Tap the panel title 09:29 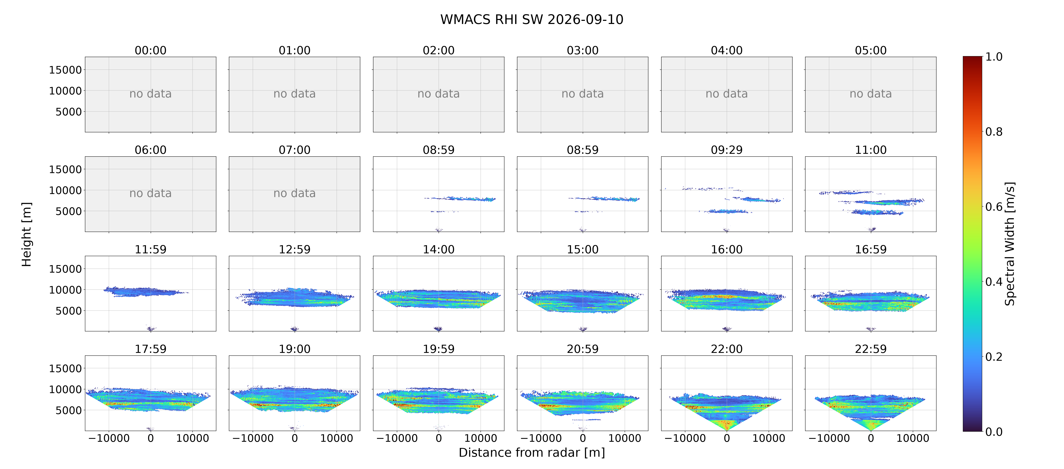(726, 150)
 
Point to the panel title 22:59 (871, 349)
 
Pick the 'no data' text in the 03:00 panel (582, 94)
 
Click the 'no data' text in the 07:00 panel (295, 193)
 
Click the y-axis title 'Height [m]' (26, 234)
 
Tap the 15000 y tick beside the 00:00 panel (65, 70)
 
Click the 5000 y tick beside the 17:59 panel (69, 410)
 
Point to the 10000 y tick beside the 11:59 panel (65, 290)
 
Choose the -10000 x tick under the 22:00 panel (685, 438)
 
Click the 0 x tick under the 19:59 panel (439, 438)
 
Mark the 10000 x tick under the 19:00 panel (337, 438)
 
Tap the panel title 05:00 (871, 50)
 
